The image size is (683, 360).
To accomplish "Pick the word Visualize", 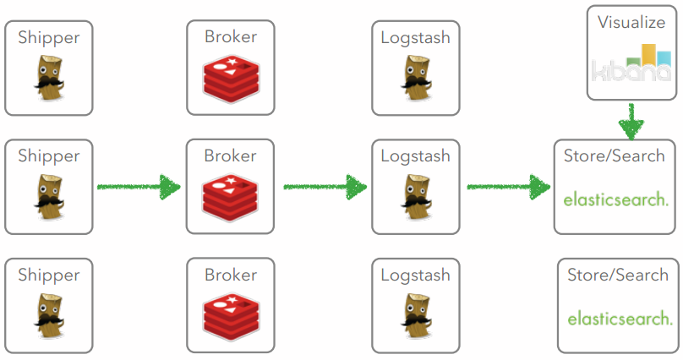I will tap(631, 22).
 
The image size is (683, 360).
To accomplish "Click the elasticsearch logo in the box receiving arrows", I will tap(616, 200).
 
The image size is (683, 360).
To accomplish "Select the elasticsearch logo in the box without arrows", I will tap(620, 319).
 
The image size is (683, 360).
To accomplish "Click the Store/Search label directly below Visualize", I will tap(616, 156).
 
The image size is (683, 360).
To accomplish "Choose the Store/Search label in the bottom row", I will tap(618, 275).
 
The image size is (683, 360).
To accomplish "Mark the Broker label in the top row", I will tap(230, 37).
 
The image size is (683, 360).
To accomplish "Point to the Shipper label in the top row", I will tap(49, 37).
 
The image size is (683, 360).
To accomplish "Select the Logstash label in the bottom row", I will tap(415, 275).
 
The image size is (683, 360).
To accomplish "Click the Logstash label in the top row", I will tap(415, 37).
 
